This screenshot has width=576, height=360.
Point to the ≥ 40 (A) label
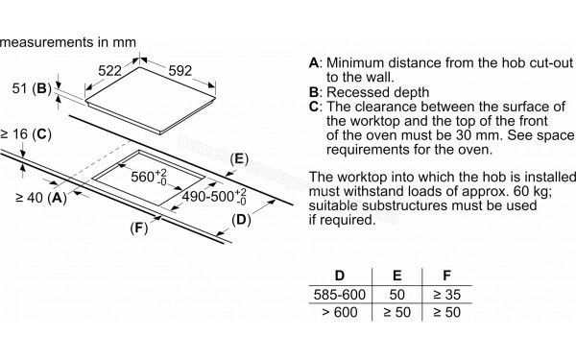39,198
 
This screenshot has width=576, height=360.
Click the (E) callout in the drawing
240,158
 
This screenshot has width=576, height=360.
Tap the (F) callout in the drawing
141,228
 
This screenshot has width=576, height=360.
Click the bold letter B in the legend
314,91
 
